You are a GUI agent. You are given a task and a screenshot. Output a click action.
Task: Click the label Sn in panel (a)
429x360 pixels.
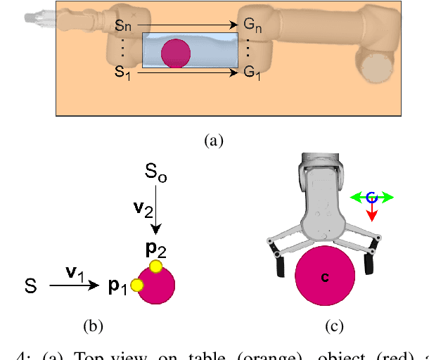[x=122, y=27]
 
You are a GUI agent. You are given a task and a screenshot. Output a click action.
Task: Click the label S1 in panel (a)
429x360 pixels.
[x=122, y=72]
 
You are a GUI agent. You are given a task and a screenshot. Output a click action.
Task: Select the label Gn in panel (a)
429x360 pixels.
[x=252, y=27]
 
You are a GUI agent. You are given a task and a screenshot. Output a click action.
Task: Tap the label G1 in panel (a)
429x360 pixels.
[x=252, y=72]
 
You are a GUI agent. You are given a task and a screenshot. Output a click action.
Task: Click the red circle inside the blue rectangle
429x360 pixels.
[x=176, y=53]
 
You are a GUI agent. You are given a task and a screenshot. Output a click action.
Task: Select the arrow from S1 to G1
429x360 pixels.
[x=186, y=71]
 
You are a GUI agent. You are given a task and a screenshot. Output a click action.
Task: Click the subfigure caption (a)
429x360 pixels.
[x=213, y=141]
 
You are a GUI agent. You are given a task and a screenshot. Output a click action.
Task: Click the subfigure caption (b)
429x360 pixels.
[x=94, y=326]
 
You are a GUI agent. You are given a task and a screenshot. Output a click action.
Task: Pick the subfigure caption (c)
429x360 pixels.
[x=333, y=326]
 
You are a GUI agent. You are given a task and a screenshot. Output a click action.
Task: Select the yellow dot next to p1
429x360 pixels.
[x=137, y=285]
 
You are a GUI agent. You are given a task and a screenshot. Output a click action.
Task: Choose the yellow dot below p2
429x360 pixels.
[x=155, y=266]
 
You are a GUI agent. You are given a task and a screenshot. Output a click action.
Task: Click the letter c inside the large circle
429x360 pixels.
[x=325, y=277]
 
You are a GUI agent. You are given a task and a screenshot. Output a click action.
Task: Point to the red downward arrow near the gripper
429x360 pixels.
[x=371, y=212]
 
